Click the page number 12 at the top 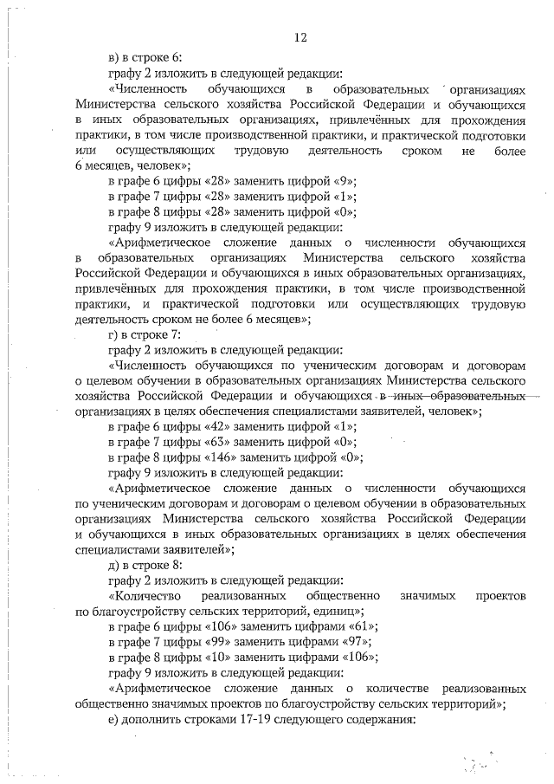click(x=300, y=36)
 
